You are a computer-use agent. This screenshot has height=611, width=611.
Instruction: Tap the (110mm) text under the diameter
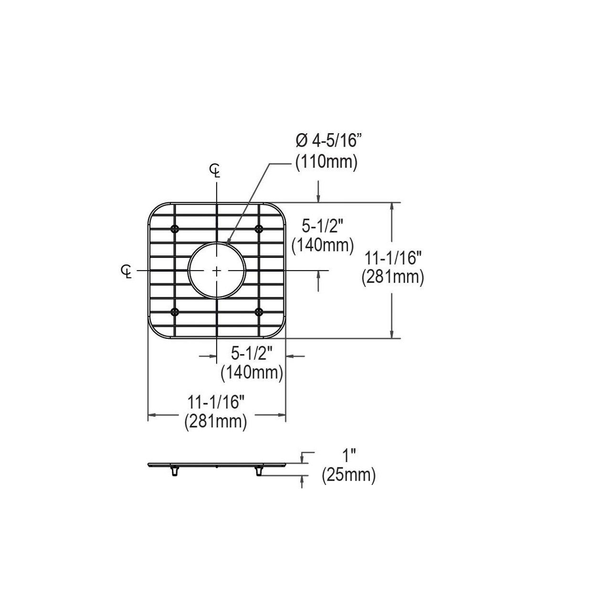[327, 162]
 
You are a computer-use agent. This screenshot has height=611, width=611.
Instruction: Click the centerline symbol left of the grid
[126, 271]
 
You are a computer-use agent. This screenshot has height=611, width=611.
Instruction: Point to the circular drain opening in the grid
[217, 271]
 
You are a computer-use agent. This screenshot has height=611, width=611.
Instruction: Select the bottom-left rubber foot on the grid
[175, 312]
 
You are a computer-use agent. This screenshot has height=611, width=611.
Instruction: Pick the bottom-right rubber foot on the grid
[259, 312]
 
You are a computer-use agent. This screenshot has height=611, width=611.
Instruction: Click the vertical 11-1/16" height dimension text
[392, 258]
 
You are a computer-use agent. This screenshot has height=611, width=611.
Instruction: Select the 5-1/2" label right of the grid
[322, 225]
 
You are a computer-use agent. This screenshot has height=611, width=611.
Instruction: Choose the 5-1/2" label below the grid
[252, 353]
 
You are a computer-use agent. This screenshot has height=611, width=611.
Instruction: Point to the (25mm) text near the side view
[348, 475]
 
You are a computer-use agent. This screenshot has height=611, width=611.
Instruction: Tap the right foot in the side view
[259, 471]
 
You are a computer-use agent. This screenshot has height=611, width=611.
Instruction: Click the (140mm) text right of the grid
[323, 245]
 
